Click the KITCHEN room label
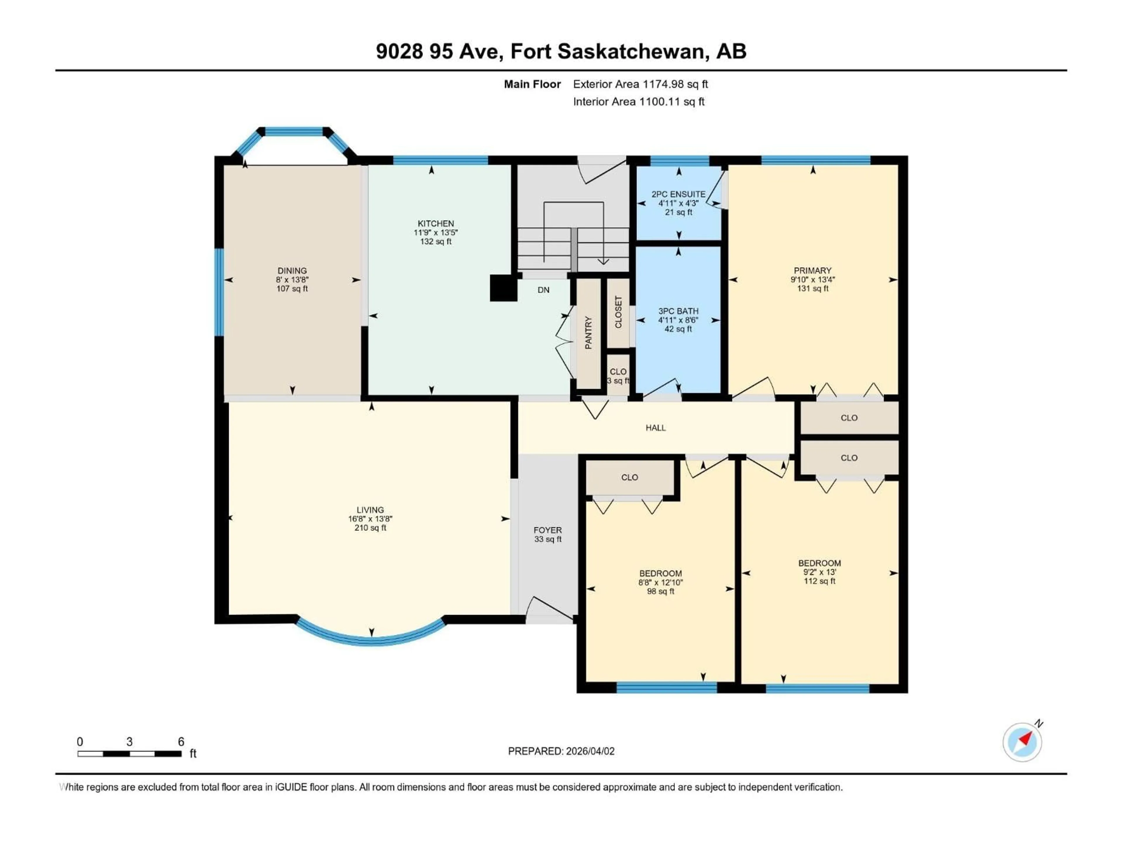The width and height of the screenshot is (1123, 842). [435, 223]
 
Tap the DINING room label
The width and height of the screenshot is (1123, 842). [292, 270]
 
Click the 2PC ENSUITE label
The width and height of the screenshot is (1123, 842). [678, 194]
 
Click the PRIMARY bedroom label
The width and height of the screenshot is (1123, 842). [812, 270]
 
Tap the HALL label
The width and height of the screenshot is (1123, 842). [655, 428]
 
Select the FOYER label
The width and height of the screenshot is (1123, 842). [547, 530]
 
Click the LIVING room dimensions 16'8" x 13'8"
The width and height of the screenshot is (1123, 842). [370, 519]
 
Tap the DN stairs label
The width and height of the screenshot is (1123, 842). [543, 290]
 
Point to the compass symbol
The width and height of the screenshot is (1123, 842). [1022, 742]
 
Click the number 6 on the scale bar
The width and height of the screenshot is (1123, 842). [181, 741]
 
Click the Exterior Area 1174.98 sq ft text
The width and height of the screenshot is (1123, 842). [640, 84]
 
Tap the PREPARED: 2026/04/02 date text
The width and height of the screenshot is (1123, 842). [561, 751]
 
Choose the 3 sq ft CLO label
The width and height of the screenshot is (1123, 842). [618, 376]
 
